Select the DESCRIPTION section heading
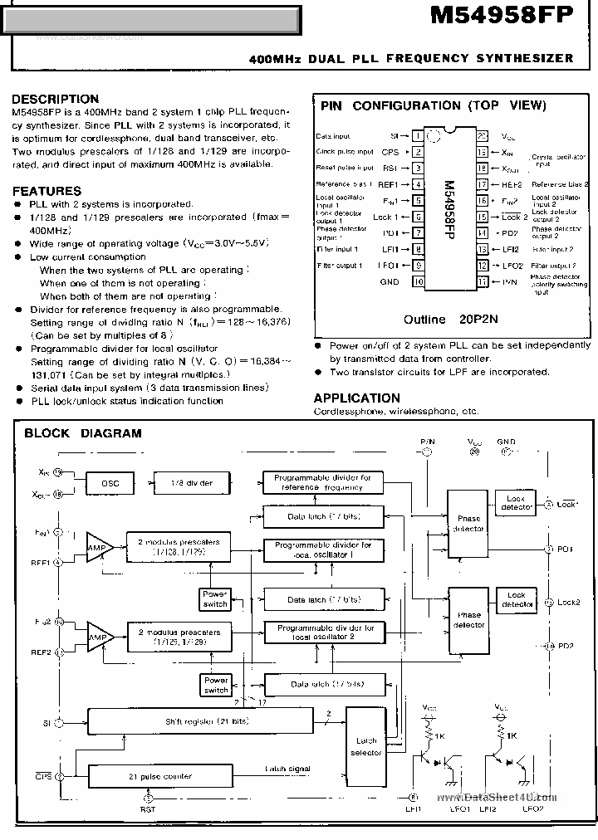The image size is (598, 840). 55,99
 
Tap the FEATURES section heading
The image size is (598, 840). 47,190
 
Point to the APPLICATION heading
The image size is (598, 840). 356,398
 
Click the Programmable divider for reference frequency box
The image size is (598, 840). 323,482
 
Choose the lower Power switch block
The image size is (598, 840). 216,685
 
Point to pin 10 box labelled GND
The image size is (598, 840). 419,282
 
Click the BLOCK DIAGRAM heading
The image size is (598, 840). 82,432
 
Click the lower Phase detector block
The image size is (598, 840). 468,619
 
